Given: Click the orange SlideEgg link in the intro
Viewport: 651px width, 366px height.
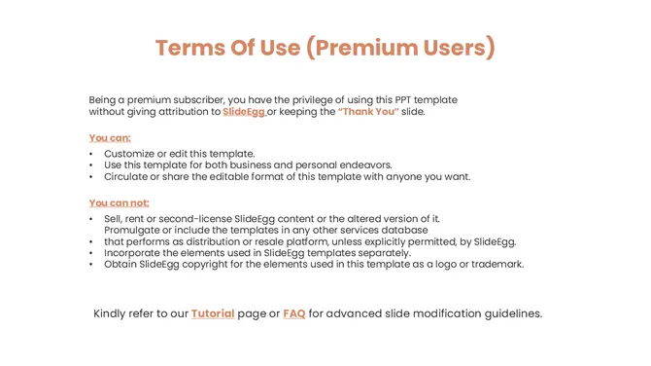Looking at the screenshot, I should [x=243, y=112].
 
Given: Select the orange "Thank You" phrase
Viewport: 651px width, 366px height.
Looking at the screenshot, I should [x=368, y=112].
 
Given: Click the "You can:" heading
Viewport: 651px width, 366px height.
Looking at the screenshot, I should [x=110, y=137].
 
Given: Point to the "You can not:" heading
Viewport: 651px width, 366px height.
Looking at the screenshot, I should [x=119, y=202].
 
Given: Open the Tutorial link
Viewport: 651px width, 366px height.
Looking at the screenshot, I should [x=213, y=313].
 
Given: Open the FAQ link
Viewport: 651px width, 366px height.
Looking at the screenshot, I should [x=293, y=313].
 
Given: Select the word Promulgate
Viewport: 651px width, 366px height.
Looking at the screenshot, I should [x=133, y=230].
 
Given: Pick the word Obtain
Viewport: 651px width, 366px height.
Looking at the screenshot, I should [x=121, y=264].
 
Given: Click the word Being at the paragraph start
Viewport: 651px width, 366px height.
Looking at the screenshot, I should [x=104, y=99].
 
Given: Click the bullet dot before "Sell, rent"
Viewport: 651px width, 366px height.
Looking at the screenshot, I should [x=91, y=219].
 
